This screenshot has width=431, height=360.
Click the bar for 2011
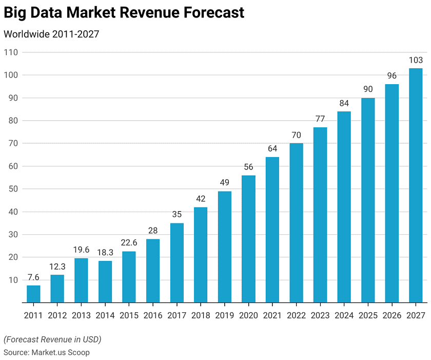click(x=33, y=294)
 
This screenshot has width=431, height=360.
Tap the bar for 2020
click(x=248, y=239)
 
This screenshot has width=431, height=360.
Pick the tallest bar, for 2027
click(x=416, y=185)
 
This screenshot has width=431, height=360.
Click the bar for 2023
click(x=320, y=215)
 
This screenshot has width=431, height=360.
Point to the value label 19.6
click(x=81, y=250)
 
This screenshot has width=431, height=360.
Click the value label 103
click(x=416, y=60)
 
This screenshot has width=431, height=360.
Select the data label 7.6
click(x=33, y=277)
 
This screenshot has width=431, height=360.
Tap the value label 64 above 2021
click(x=272, y=149)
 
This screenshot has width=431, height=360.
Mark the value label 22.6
click(x=129, y=243)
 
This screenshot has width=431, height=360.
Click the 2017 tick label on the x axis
click(x=177, y=315)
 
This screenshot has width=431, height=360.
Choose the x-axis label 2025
click(x=368, y=315)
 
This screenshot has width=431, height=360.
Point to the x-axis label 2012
click(x=57, y=315)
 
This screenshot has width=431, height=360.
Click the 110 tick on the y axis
click(x=11, y=52)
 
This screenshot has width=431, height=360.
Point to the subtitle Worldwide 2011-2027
click(x=51, y=34)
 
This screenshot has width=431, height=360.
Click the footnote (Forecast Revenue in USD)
click(x=52, y=339)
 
